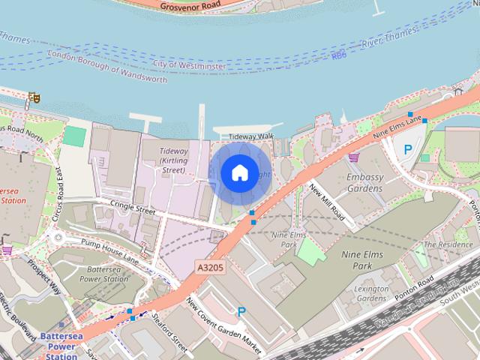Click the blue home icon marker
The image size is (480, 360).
239,173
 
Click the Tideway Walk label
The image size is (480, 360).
251,136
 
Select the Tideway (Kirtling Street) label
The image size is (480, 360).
173,160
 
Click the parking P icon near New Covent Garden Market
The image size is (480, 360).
241,310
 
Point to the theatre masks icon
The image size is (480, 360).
33,97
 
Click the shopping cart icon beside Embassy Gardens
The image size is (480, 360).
353,157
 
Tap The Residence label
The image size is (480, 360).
448,244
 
